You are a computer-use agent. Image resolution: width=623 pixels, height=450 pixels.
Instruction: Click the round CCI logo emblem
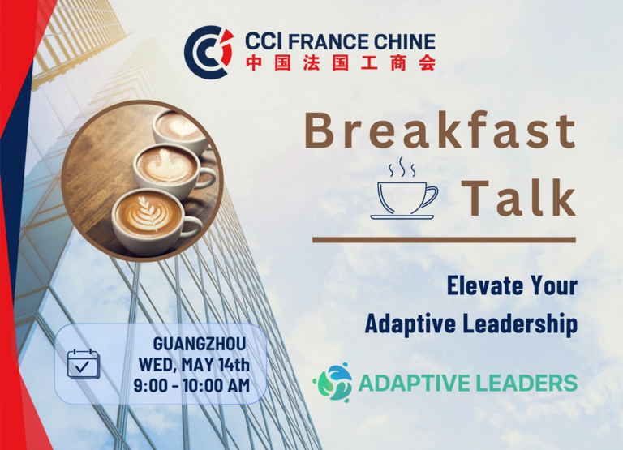(208, 52)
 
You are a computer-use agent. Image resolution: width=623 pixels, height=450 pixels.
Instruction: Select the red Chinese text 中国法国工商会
(341, 63)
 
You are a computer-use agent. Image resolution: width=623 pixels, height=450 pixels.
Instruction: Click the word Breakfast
(440, 130)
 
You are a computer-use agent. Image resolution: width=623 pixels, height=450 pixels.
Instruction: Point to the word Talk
(518, 197)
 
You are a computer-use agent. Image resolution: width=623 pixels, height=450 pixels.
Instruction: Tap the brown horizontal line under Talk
(444, 240)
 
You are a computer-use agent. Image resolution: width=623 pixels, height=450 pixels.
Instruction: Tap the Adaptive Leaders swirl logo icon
(333, 382)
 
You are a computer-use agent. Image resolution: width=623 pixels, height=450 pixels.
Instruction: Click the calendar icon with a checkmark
(83, 364)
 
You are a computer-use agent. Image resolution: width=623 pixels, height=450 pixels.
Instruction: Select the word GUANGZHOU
(200, 344)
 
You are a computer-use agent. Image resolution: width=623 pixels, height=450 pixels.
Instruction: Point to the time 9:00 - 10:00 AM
(191, 386)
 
